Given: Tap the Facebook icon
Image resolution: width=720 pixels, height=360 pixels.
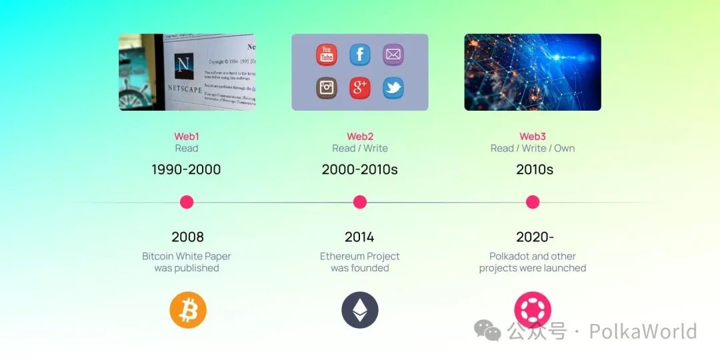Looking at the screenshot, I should pos(360,55).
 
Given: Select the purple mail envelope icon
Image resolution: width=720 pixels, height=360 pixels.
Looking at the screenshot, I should pos(393,55).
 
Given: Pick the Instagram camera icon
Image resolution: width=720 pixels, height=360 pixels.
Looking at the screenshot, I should pos(327,88).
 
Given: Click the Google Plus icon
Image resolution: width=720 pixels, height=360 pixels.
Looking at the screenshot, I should pos(360,88).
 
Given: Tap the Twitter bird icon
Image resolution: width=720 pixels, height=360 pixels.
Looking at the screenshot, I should pos(393,88).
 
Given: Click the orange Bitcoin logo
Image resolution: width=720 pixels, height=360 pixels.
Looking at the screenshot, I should pos(188,310).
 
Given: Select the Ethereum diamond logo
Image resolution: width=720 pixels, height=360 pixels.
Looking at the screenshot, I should pos(360,310).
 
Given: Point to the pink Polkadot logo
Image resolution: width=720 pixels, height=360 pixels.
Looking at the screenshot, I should pos(532,309).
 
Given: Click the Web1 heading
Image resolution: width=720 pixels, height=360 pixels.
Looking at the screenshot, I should pos(187,137).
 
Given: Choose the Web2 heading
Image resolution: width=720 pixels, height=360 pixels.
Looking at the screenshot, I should pos(360,137).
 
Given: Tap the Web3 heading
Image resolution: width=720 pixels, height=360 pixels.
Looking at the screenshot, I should pos(533,137).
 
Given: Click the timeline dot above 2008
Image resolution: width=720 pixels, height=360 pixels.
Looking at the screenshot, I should pos(187,202).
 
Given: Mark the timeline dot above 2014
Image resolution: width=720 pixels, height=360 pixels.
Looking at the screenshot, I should pos(360,202).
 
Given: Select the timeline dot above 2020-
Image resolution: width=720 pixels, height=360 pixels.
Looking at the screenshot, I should pos(532,202).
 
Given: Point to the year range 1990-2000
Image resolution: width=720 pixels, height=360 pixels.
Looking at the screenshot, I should pos(186,169).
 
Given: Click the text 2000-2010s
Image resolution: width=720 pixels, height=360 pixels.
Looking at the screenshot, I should pos(360,169).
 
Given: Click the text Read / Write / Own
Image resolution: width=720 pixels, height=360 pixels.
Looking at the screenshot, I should pos(533,149).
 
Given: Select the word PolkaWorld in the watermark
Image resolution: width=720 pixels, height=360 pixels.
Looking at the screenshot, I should pos(643,331).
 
